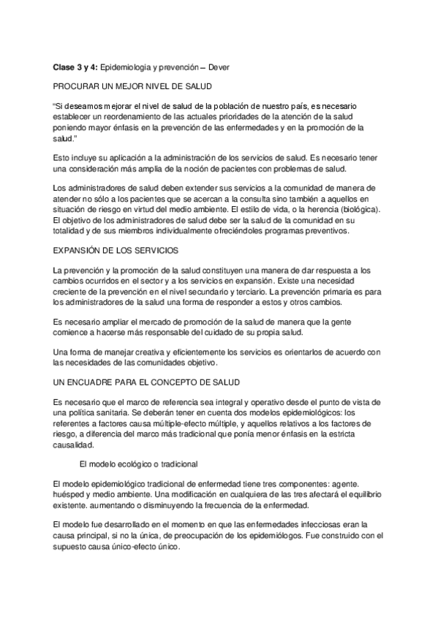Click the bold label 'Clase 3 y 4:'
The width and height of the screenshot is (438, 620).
tap(76, 67)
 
